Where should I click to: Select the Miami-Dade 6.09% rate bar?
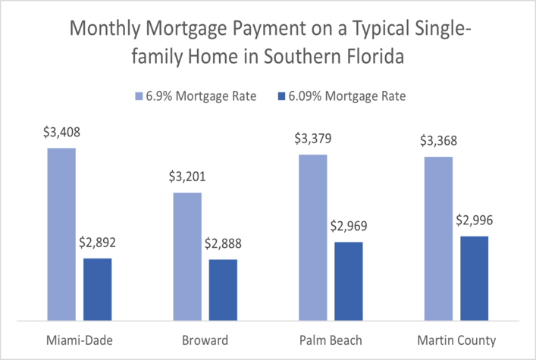(x=98, y=289)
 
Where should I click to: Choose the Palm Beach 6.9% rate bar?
(x=313, y=236)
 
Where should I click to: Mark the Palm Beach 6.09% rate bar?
(x=349, y=280)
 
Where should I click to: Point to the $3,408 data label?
(x=62, y=133)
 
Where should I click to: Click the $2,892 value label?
(x=98, y=243)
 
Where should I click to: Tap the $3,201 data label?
(x=187, y=177)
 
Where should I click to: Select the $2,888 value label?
(x=223, y=244)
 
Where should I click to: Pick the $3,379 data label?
(x=313, y=139)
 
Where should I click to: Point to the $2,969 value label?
(x=349, y=227)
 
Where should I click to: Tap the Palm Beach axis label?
(x=331, y=339)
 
